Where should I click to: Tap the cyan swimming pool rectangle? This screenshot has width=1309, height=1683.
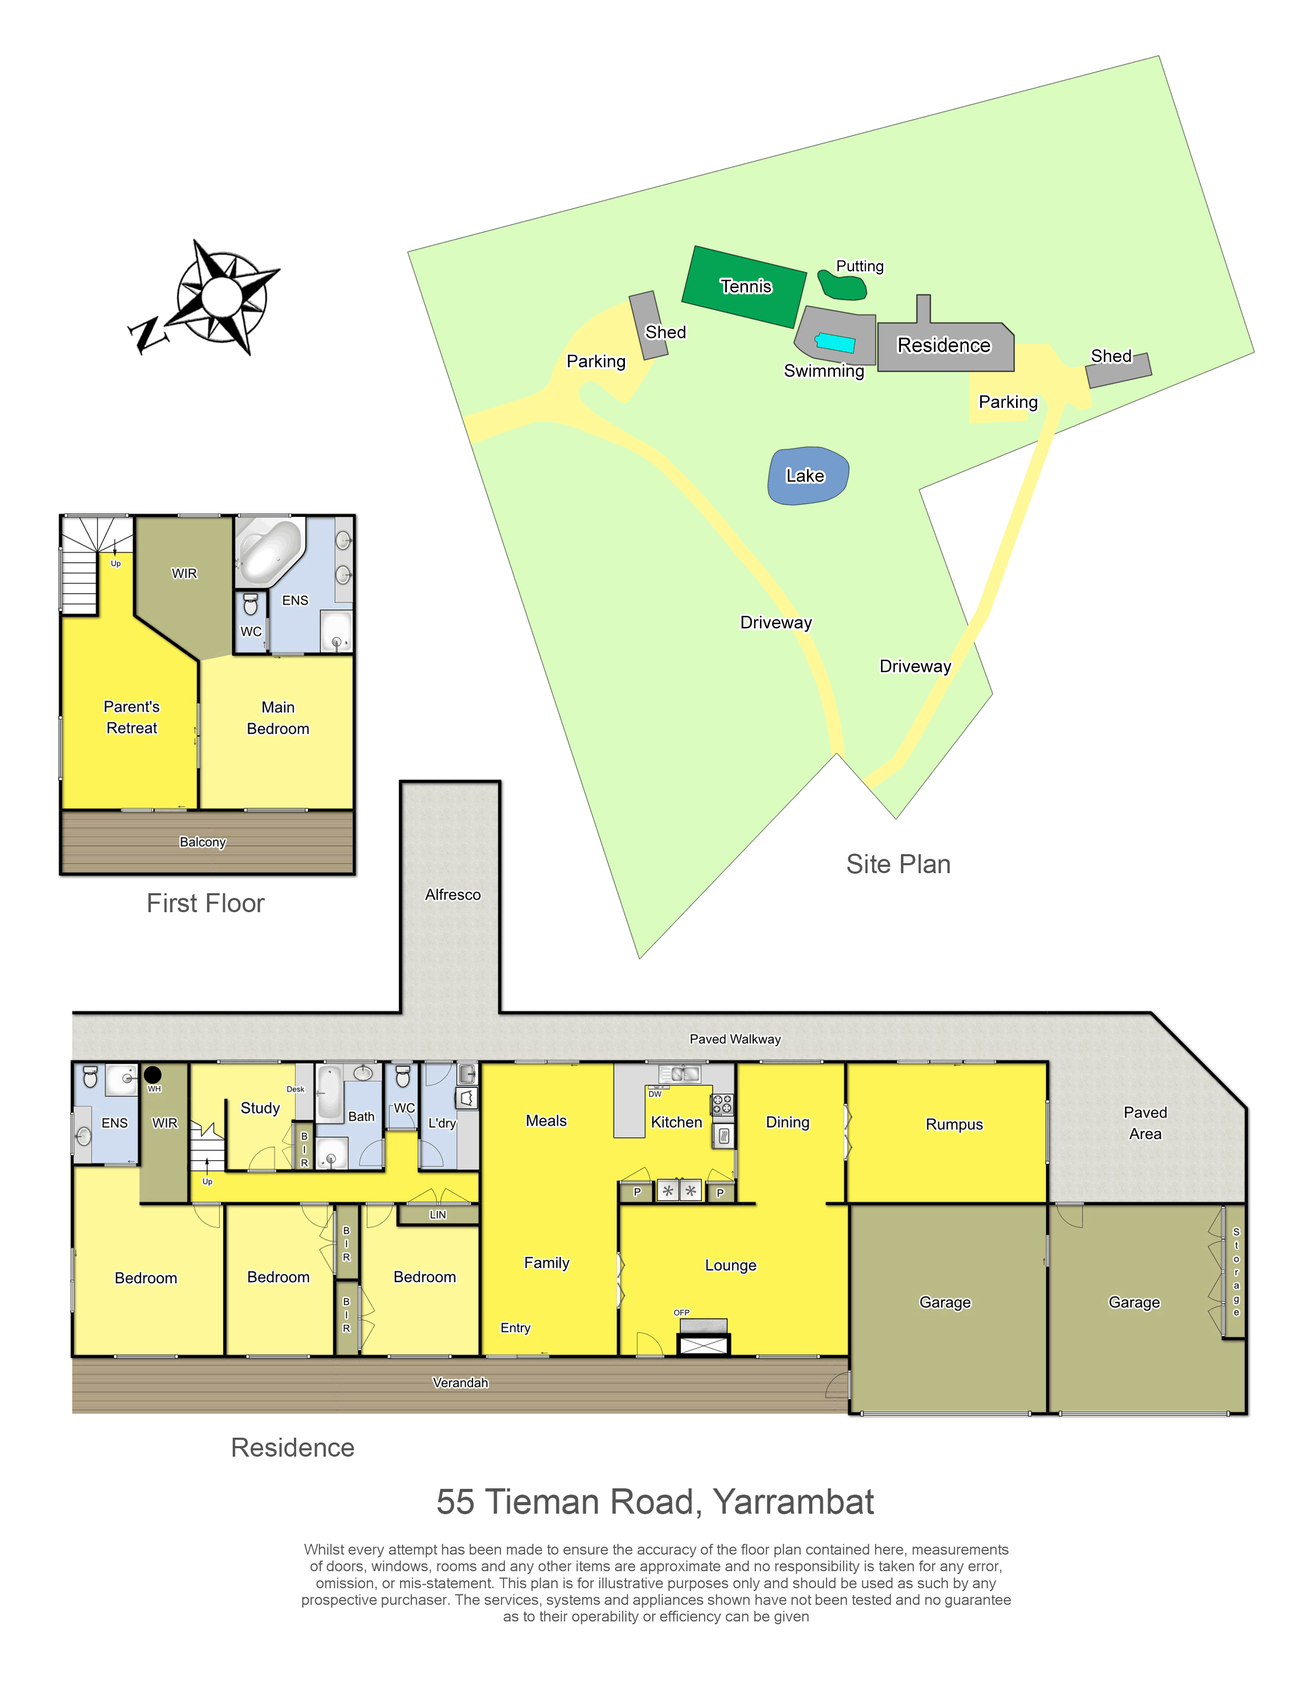pyautogui.click(x=835, y=343)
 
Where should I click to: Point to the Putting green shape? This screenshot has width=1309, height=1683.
pyautogui.click(x=842, y=285)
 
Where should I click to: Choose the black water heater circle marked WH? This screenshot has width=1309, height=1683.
pyautogui.click(x=153, y=1074)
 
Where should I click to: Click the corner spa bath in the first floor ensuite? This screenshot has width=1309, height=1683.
pyautogui.click(x=268, y=549)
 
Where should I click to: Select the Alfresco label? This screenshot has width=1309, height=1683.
pyautogui.click(x=452, y=895)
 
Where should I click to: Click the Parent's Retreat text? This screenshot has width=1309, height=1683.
pyautogui.click(x=132, y=718)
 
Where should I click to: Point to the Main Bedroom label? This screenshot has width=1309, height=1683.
pyautogui.click(x=278, y=718)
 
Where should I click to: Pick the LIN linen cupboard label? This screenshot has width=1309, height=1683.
pyautogui.click(x=438, y=1215)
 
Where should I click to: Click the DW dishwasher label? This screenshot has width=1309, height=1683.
pyautogui.click(x=655, y=1094)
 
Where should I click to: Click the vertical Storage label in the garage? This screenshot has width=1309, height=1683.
pyautogui.click(x=1236, y=1272)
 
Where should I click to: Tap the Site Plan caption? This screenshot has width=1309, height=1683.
pyautogui.click(x=898, y=865)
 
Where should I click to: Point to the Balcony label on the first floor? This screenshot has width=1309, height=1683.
pyautogui.click(x=203, y=842)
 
